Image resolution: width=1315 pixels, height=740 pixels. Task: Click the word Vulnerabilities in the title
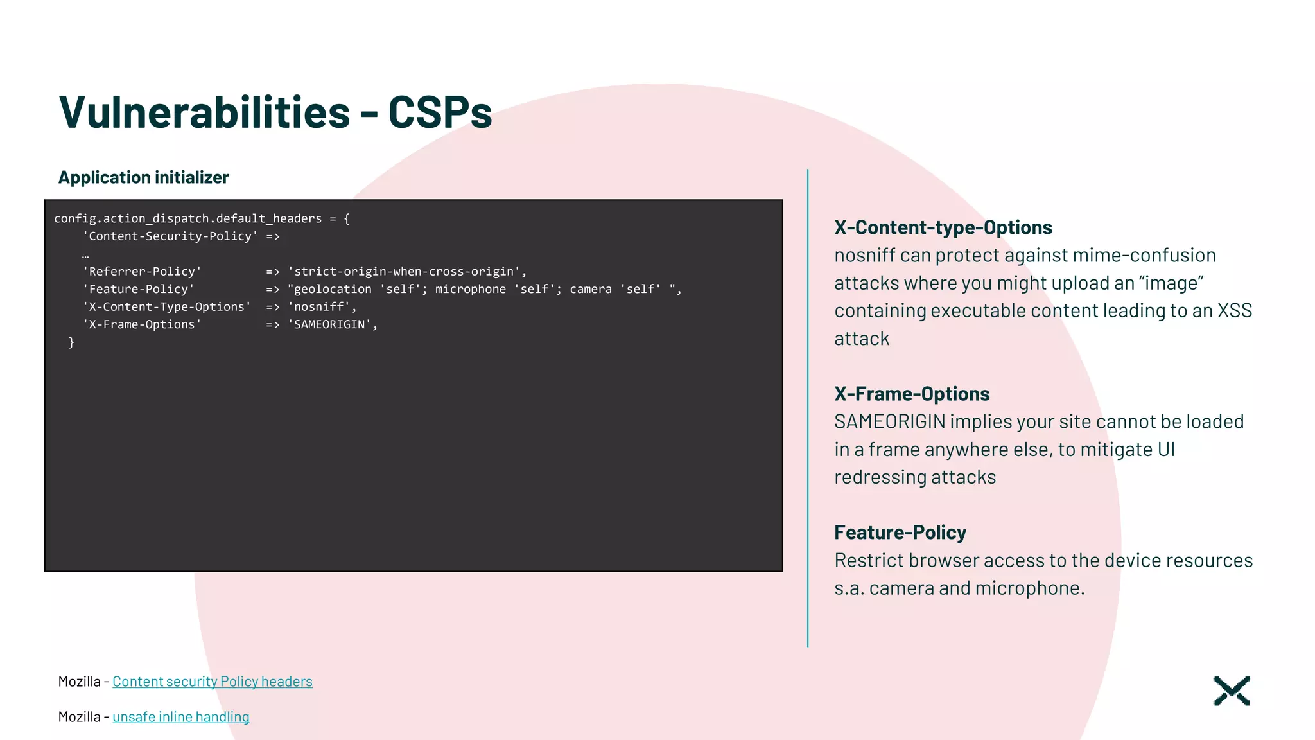coord(204,112)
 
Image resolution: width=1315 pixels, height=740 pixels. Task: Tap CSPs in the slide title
coord(440,112)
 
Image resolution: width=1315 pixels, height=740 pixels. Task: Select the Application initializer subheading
coord(143,177)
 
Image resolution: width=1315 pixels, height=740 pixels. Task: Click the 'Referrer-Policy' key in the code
coord(142,272)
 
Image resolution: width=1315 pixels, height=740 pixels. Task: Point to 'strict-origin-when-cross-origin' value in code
coord(406,272)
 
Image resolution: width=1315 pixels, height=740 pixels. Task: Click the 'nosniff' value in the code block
coord(321,307)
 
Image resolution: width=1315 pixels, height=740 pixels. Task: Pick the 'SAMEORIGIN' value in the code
coord(332,325)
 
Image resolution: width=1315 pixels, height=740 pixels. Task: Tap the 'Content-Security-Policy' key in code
coord(170,236)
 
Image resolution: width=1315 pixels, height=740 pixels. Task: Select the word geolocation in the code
coord(333,290)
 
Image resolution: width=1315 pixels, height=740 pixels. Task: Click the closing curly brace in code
coord(71,343)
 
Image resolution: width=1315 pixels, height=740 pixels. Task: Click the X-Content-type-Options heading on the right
coord(943,227)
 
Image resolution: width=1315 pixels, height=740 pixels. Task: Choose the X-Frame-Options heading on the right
coord(911,394)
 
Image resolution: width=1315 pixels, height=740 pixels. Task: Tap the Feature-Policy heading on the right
coord(900,533)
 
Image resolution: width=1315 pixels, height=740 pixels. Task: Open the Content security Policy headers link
coord(213,682)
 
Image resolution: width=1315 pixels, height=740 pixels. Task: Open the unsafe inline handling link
coord(181,717)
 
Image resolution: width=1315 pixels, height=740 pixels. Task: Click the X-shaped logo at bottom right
coord(1232,691)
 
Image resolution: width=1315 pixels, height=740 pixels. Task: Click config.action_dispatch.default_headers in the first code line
coord(187,219)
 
